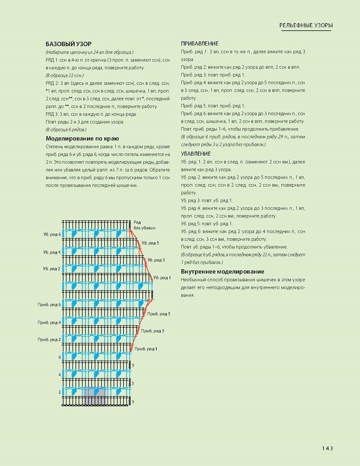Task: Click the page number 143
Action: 327,448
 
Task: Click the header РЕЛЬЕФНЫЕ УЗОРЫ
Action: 306,25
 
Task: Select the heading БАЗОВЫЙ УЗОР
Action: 69,44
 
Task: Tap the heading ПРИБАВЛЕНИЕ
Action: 200,44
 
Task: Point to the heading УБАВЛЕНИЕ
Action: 196,154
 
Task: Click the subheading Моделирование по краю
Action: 82,139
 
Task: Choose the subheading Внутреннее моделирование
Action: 222,272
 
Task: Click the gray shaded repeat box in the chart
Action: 94,396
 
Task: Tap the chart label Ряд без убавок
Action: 144,225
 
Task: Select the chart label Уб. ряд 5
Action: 150,243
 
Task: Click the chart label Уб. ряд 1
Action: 162,278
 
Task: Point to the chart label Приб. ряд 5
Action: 159,314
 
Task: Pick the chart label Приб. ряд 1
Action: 146,349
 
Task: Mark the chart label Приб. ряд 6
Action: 49,305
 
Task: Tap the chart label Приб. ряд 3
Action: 152,331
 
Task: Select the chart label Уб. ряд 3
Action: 156,260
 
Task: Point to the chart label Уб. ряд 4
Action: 52,252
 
